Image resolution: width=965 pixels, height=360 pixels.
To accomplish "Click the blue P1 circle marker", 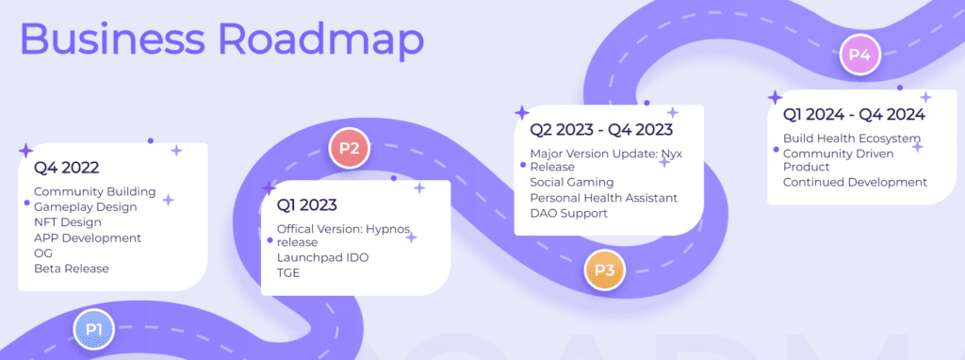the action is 93,329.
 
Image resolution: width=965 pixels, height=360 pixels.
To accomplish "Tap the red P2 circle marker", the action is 349,148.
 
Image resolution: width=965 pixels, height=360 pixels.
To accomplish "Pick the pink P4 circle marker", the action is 859,55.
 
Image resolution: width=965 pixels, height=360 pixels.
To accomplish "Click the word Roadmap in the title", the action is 321,38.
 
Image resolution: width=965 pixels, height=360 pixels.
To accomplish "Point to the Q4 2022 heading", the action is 67,168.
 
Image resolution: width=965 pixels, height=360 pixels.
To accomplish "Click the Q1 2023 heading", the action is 307,205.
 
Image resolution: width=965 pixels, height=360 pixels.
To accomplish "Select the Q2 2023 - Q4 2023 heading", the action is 601,130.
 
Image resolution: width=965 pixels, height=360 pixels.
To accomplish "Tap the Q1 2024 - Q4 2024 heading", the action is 854,114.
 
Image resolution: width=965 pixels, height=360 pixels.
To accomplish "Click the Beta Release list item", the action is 72,269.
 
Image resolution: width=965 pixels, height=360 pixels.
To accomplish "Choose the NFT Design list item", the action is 68,222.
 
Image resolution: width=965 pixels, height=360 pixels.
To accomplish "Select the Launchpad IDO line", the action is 322,257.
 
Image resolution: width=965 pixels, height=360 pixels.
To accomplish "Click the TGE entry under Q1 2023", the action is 288,272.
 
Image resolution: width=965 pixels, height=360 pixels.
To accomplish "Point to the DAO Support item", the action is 568,214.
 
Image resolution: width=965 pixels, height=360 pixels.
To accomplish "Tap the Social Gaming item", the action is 572,182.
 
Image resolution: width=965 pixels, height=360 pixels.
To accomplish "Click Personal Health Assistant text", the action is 604,198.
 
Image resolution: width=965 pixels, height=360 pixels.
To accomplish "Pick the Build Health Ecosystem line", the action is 852,138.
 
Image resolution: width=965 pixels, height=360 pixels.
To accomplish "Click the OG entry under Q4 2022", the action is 43,253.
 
